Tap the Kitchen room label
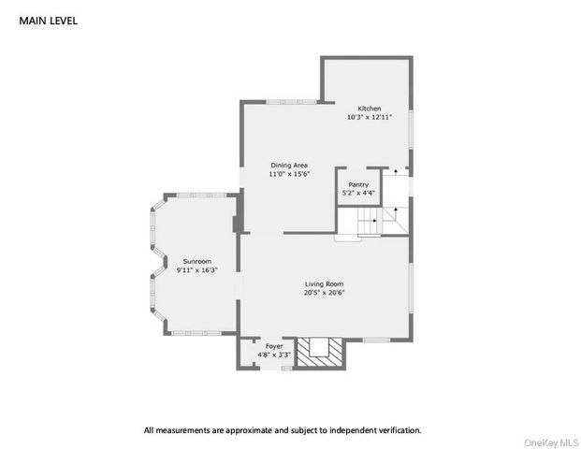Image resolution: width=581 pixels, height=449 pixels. point(370,109)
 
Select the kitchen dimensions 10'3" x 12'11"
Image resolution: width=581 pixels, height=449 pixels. point(370,118)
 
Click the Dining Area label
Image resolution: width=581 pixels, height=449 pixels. point(289,165)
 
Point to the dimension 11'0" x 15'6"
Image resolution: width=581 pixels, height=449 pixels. point(289,174)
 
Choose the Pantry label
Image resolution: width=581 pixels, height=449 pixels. point(357,185)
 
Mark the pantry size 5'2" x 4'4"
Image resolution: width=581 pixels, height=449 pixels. point(357,194)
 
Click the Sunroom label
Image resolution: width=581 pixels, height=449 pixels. point(196,261)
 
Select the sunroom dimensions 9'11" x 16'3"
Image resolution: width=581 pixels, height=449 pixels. point(196,270)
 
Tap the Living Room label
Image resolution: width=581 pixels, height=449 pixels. point(324,283)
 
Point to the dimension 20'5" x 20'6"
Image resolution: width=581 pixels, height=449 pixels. point(324,293)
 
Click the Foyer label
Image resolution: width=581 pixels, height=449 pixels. point(273,346)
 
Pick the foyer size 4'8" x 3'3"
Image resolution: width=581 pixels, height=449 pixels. point(273,355)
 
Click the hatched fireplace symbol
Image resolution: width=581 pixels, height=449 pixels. point(321,351)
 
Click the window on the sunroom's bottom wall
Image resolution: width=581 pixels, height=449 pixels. point(196,333)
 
